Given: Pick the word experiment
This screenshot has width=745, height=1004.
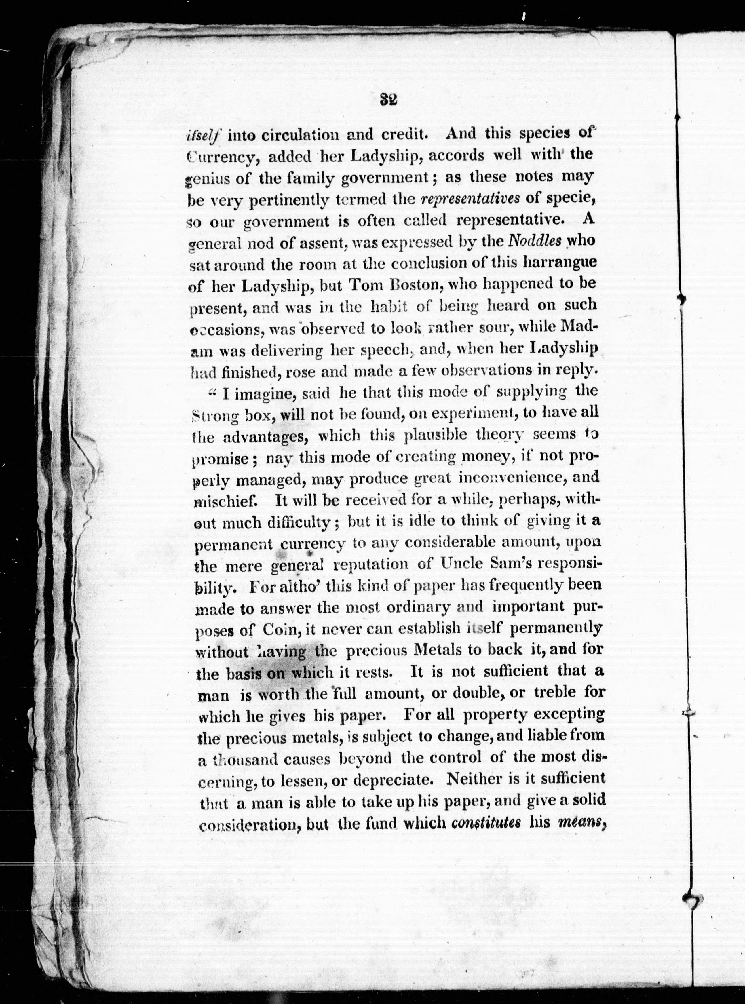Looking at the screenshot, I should click(x=451, y=412).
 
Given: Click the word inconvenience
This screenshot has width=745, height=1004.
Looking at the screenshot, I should click(x=512, y=478).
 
